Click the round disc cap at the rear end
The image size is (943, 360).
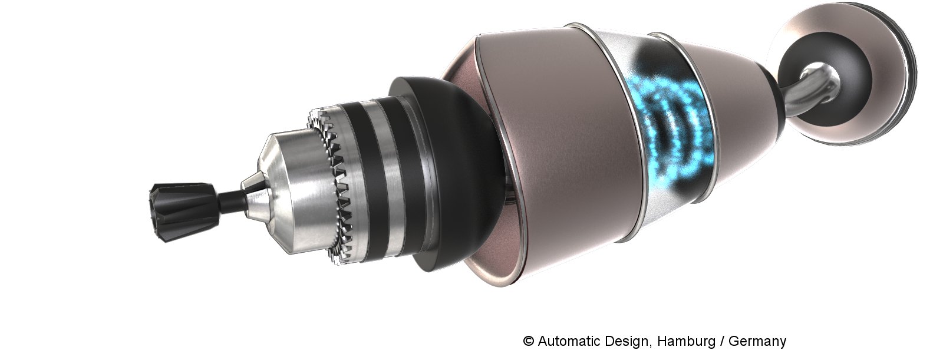tap(846, 76)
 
